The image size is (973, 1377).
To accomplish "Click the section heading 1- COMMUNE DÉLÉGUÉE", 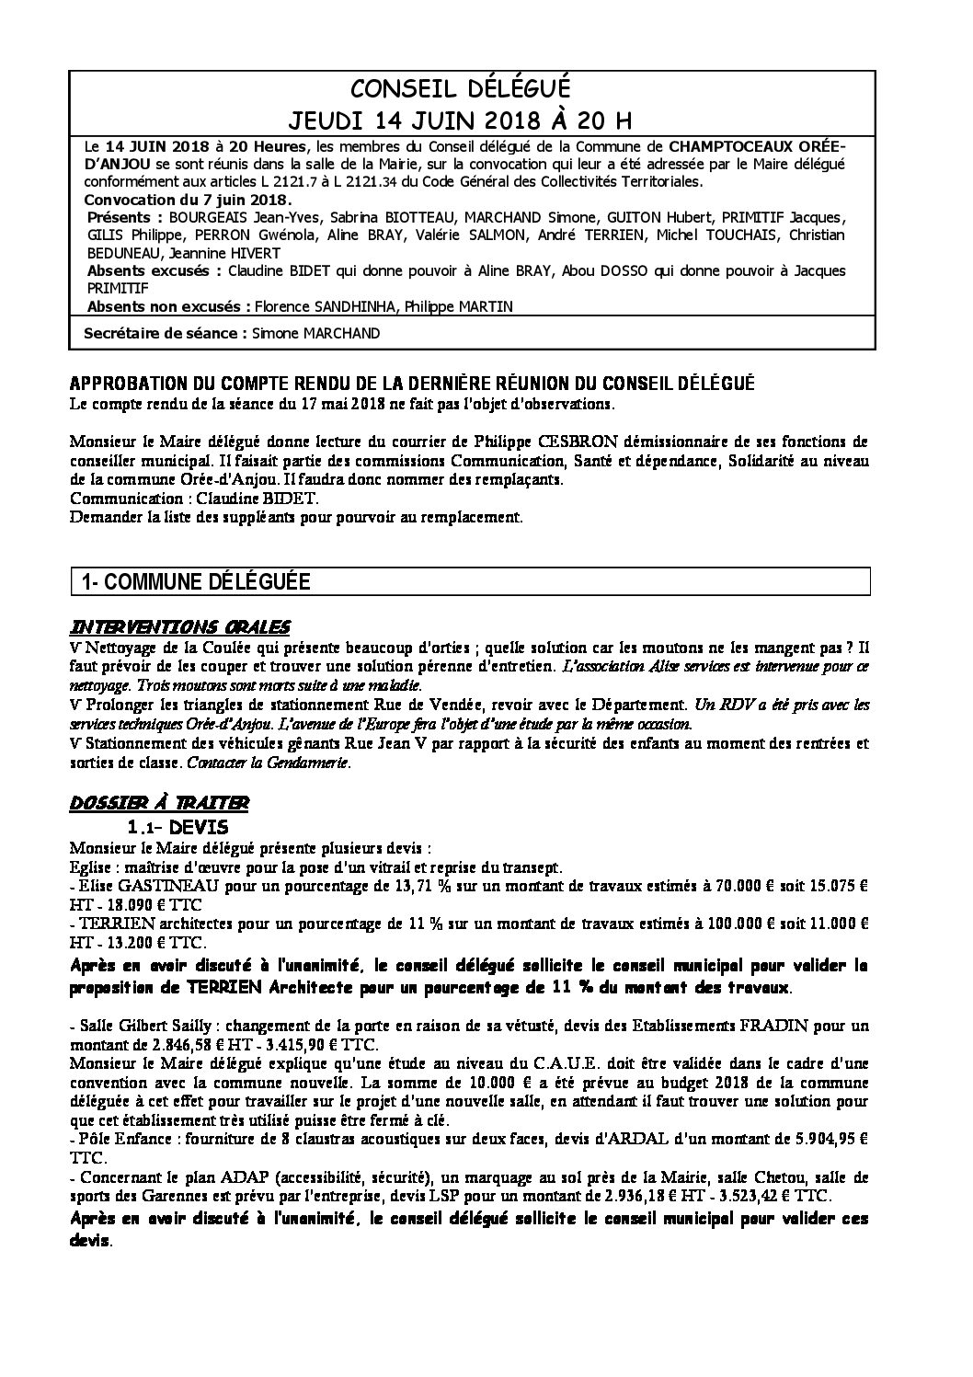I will pos(196,581).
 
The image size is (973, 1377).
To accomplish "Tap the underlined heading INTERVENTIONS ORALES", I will pos(180,626).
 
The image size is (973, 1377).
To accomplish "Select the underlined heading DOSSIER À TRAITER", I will pos(158,803).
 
